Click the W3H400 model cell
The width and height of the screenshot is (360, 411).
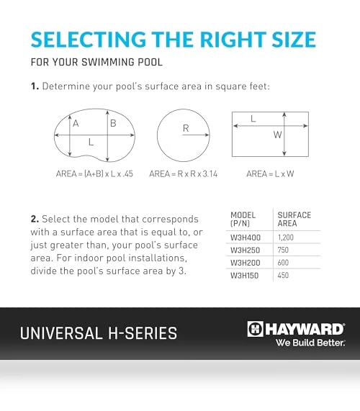246,238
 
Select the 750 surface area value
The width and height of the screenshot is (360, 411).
283,250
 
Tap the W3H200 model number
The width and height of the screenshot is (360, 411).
246,263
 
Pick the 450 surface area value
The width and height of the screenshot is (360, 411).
283,275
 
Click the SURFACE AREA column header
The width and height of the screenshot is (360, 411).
294,219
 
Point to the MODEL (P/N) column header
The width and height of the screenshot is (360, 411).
243,219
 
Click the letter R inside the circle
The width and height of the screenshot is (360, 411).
186,128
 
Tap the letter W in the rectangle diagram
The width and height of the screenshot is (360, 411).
277,135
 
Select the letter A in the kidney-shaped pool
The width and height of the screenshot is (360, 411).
76,123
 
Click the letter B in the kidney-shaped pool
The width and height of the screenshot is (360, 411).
113,123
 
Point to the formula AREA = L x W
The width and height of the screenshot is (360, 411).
270,173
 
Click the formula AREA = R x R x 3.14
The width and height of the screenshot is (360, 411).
184,173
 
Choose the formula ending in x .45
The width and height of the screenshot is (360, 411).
94,173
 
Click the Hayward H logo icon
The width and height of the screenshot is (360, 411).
255,329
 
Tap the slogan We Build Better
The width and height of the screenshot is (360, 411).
310,343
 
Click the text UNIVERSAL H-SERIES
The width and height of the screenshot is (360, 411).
99,333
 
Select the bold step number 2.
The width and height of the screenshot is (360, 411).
35,219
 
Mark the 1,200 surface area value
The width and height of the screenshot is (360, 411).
286,238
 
